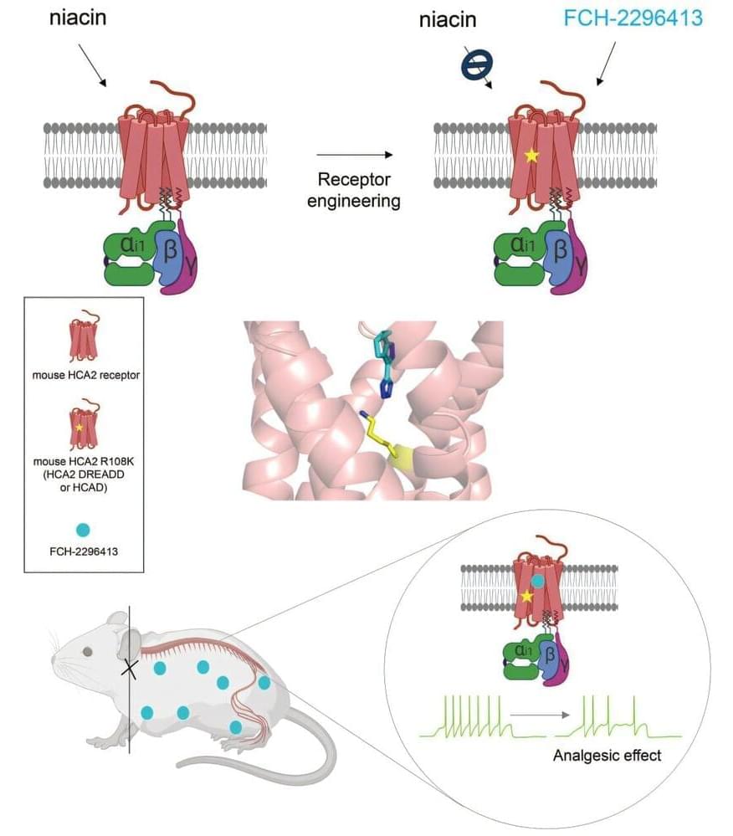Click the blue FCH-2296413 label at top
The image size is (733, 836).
point(633,18)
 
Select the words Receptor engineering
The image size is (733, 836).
point(354,190)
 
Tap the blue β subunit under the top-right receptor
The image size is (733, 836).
point(560,249)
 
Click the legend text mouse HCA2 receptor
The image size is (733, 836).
point(81,374)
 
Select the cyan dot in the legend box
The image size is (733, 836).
point(81,530)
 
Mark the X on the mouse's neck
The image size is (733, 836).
point(130,667)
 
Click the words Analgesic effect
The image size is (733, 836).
point(607,756)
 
